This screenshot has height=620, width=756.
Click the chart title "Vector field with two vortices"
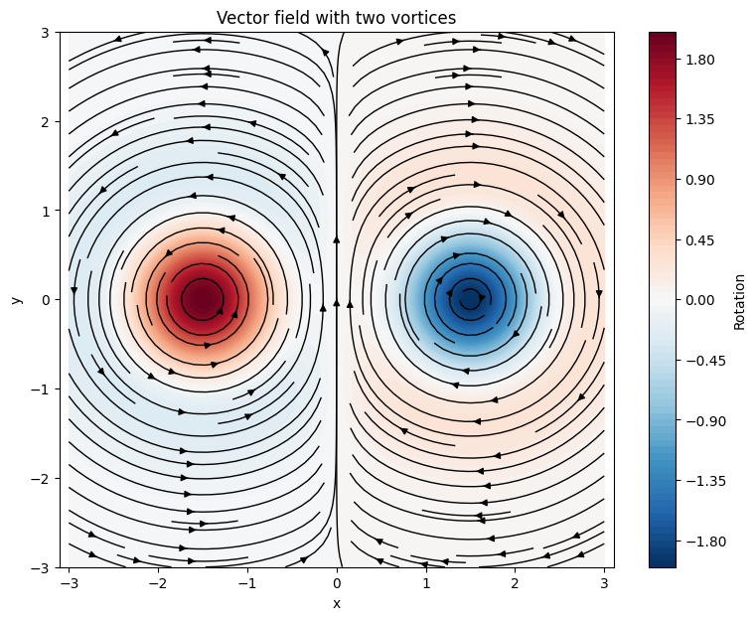point(337,17)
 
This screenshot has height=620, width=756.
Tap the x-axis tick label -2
point(158,583)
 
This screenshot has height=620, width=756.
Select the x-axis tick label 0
point(337,583)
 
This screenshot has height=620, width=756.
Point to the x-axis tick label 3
point(604,583)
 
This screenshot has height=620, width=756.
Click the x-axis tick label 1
point(426,583)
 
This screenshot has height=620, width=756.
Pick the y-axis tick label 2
point(47,121)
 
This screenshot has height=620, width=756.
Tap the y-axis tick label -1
point(43,389)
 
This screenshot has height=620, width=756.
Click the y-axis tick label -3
point(43,567)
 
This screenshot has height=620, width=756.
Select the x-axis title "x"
point(337,603)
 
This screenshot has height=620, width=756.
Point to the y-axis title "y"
point(17,299)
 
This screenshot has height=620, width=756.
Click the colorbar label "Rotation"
point(739,300)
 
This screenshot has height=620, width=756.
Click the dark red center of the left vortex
point(203,298)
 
